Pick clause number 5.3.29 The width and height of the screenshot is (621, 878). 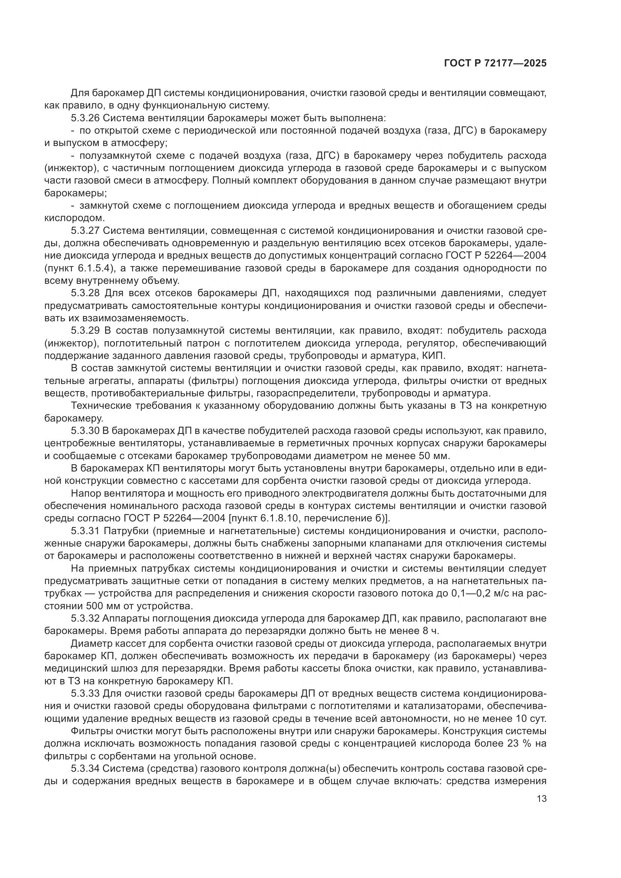point(85,330)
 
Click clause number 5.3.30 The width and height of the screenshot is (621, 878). point(85,431)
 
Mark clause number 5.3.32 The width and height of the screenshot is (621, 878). point(85,618)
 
